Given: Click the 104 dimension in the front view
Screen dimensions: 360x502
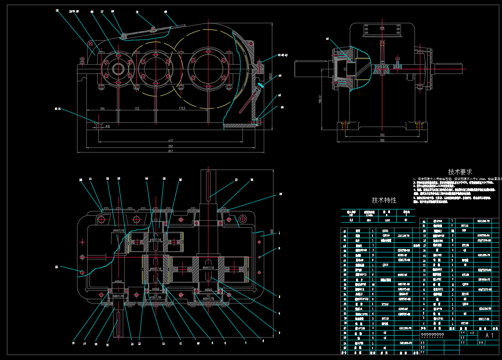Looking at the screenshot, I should tap(102, 109).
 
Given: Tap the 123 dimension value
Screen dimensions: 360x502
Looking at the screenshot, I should tap(136, 109).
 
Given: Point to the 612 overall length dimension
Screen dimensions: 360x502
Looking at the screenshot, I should tap(170, 151).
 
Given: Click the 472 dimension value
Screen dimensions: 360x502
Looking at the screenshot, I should tap(170, 140).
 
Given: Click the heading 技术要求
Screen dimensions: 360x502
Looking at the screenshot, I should tap(460, 171).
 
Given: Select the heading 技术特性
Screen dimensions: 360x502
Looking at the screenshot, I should tap(384, 200).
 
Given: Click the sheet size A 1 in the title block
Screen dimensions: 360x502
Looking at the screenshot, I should tap(490, 336).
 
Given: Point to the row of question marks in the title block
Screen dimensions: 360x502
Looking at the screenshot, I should tap(432, 336).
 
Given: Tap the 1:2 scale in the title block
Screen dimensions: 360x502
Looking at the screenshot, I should tap(472, 333).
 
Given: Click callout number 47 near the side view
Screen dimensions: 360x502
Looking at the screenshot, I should tap(328, 39).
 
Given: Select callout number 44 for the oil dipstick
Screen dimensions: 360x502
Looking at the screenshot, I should tap(280, 76).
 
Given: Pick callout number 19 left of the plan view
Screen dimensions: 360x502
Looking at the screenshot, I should tap(57, 267).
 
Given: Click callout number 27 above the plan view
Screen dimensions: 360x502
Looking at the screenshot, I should tap(236, 180).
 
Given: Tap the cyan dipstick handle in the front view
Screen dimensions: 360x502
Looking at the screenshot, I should tap(261, 86).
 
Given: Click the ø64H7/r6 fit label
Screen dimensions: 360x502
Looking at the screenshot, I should tap(209, 267).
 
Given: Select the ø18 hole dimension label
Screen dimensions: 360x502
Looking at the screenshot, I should tap(107, 126).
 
